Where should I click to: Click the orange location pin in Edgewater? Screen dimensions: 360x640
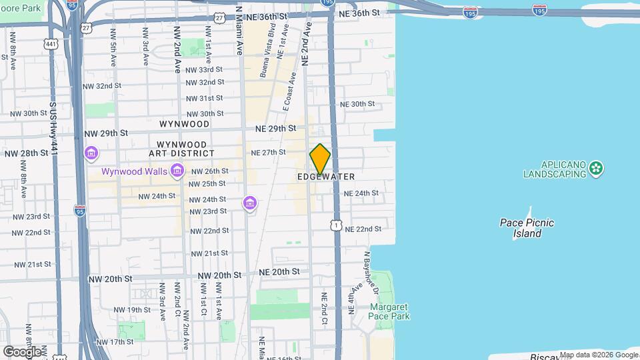(x=320, y=159)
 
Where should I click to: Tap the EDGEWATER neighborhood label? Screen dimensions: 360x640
(x=326, y=177)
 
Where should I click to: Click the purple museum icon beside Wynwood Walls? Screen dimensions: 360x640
(x=177, y=172)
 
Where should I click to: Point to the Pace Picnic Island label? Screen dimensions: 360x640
(x=527, y=228)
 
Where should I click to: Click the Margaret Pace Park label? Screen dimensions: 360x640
(x=389, y=312)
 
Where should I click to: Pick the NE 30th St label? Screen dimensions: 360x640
(x=357, y=104)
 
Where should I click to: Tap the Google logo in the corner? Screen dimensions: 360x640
(x=22, y=351)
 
